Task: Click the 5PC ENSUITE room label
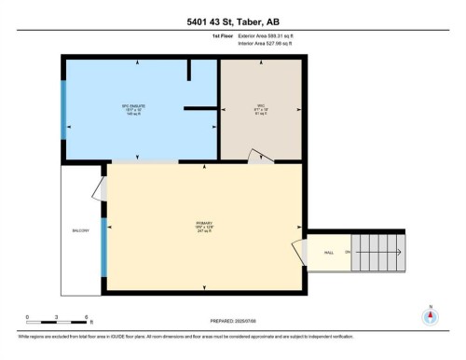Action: click(x=138, y=106)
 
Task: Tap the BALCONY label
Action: click(x=81, y=230)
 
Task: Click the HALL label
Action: click(x=328, y=252)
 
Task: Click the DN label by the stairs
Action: click(x=347, y=252)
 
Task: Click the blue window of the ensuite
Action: click(x=63, y=109)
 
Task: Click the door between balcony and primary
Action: click(x=97, y=188)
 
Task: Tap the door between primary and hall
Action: click(x=299, y=252)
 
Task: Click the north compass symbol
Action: click(x=429, y=314)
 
